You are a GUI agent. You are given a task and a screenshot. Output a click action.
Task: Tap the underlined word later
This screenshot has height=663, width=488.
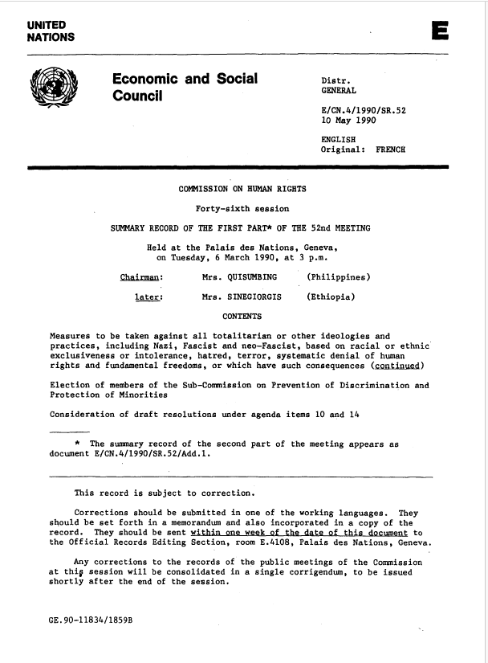[150, 297]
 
